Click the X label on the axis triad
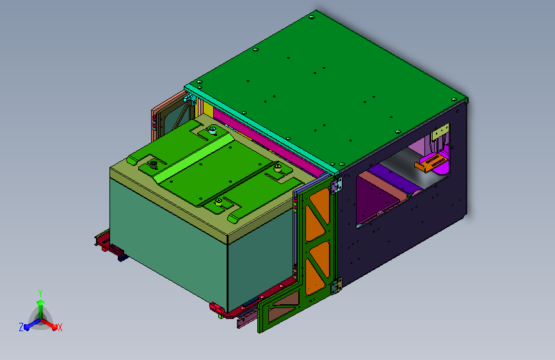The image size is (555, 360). [60, 327]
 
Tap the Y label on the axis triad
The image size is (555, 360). [40, 293]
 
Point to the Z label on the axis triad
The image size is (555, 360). [21, 327]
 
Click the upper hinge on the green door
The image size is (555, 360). [337, 186]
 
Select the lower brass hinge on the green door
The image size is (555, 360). [337, 286]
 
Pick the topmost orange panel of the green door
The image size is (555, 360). [320, 206]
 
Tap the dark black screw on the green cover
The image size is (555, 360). [154, 165]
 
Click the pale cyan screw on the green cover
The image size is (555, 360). [213, 131]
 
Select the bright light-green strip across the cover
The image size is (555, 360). [195, 159]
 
